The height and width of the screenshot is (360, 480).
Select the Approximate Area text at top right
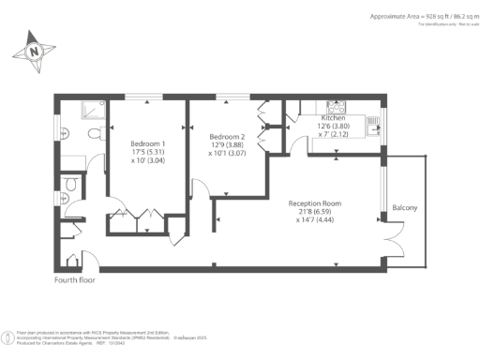395,17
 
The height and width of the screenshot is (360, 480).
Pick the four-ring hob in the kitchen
336,107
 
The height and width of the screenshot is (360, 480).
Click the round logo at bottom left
8,336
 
